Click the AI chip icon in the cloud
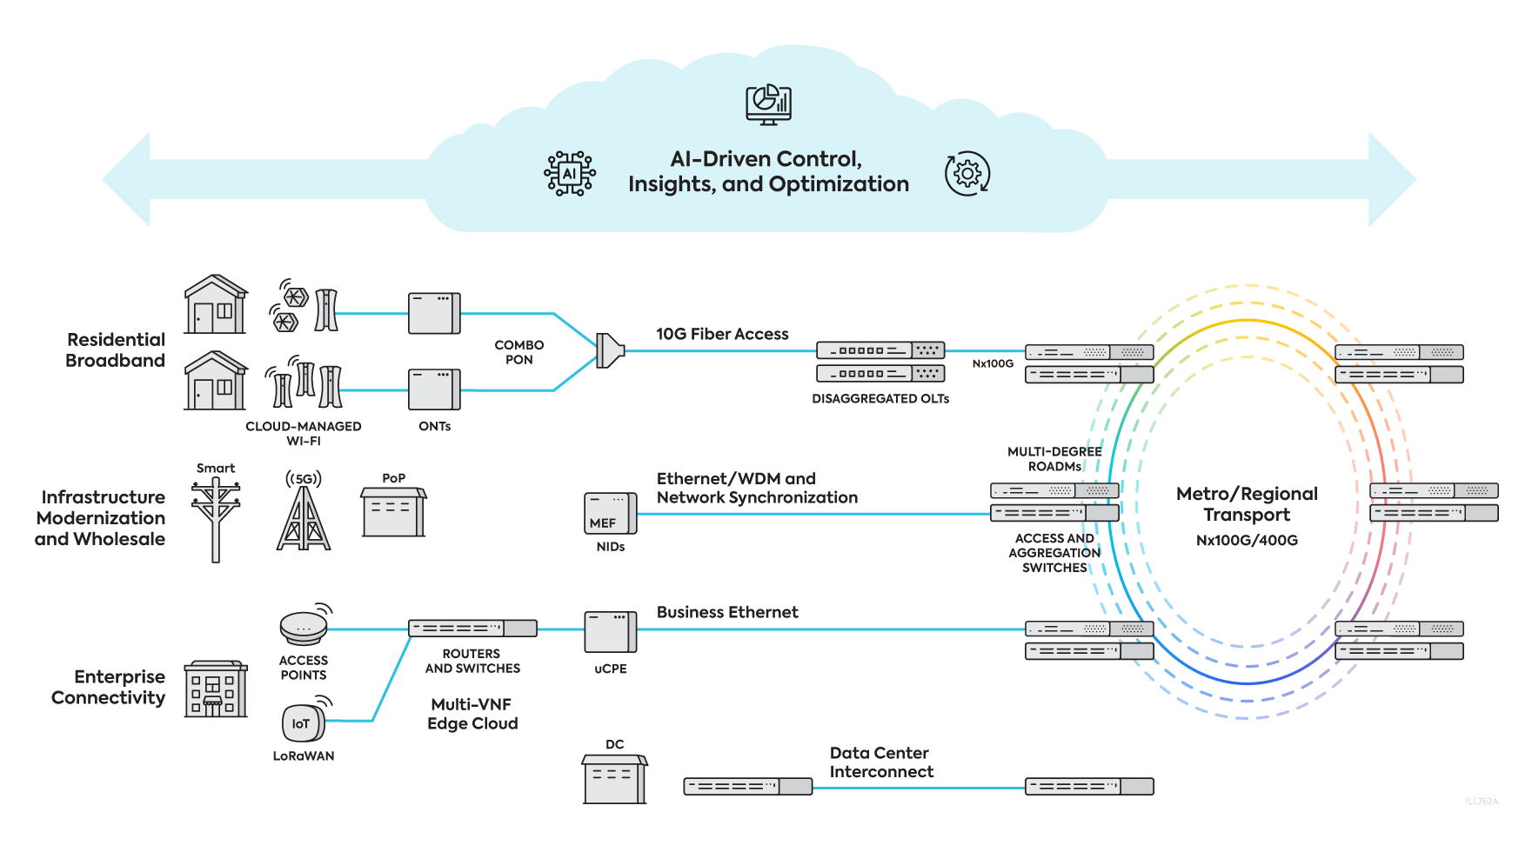point(570,173)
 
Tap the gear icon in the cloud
point(967,174)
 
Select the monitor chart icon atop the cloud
point(768,104)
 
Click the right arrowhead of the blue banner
point(1391,179)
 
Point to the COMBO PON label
point(519,352)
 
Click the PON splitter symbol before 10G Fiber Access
point(610,351)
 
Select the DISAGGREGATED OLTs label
point(880,399)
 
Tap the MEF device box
point(610,513)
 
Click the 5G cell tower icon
point(304,517)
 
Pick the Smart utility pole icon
point(216,518)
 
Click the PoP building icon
point(393,513)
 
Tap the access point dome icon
point(304,626)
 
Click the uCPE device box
point(610,632)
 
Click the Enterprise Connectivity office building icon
point(216,690)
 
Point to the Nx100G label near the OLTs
point(993,363)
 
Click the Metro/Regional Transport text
point(1247,504)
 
